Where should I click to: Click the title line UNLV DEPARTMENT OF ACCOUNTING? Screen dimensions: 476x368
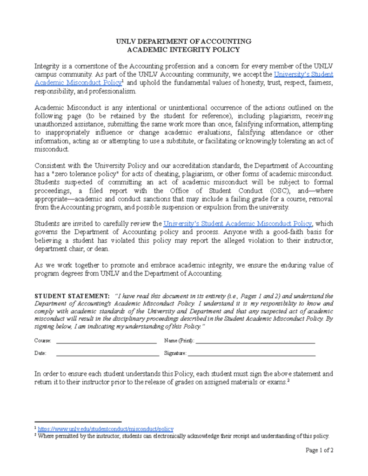tap(184, 41)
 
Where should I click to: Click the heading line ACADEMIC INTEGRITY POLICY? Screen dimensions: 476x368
tap(184, 50)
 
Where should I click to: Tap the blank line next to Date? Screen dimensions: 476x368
tap(107, 354)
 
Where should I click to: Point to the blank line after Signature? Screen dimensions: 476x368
tap(251, 354)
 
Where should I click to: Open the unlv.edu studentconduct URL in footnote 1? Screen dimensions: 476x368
tap(106, 429)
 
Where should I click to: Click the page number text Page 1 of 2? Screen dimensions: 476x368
tap(320, 450)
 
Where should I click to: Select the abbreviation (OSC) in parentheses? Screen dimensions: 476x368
tap(263, 191)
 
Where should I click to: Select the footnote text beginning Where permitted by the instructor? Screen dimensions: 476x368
tap(183, 436)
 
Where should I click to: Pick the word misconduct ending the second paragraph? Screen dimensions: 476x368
tap(52, 149)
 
